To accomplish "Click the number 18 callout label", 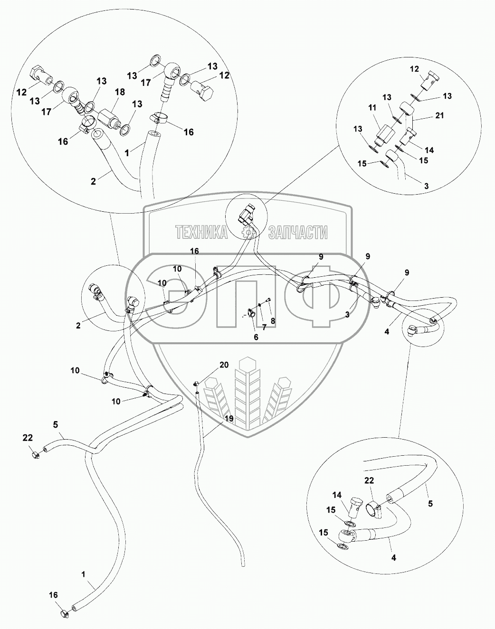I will [120, 92].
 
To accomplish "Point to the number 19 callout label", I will [229, 419].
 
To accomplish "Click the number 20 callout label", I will [224, 365].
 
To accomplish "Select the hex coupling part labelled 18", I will [109, 116].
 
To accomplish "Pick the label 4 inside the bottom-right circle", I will [393, 558].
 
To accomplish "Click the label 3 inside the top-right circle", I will [426, 187].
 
